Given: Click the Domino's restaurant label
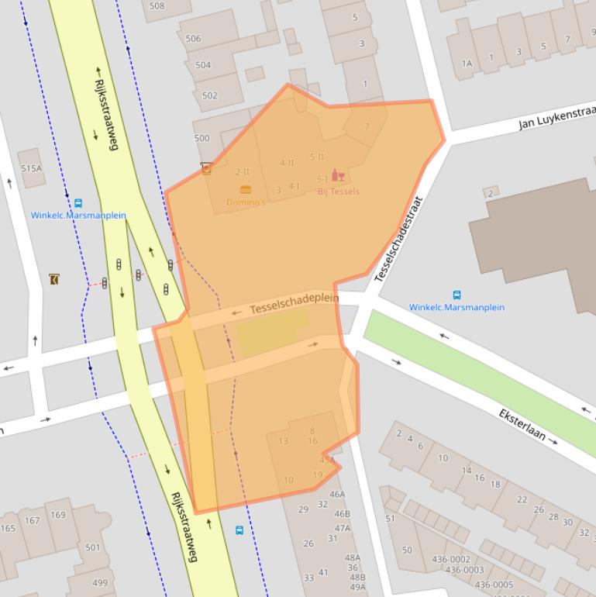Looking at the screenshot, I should click(246, 202).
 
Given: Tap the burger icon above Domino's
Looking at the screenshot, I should click(246, 189).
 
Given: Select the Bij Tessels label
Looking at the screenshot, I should click(339, 192).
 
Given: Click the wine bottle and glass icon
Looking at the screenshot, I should click(338, 176).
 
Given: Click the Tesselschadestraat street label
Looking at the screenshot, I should click(400, 240).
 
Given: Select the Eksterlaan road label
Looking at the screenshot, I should click(527, 426).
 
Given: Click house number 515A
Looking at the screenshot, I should click(31, 168).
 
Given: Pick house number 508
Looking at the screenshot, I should click(157, 6).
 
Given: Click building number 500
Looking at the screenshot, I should click(202, 138).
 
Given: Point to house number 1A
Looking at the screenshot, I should click(467, 64).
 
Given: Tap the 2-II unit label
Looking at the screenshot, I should click(242, 172).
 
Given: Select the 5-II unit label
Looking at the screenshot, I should click(316, 157).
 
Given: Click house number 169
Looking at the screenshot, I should click(58, 515).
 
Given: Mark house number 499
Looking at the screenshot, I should click(100, 583).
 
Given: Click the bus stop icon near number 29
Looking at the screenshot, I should click(239, 530).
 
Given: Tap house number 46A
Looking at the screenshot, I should click(337, 494).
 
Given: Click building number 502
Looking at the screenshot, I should click(209, 95).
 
